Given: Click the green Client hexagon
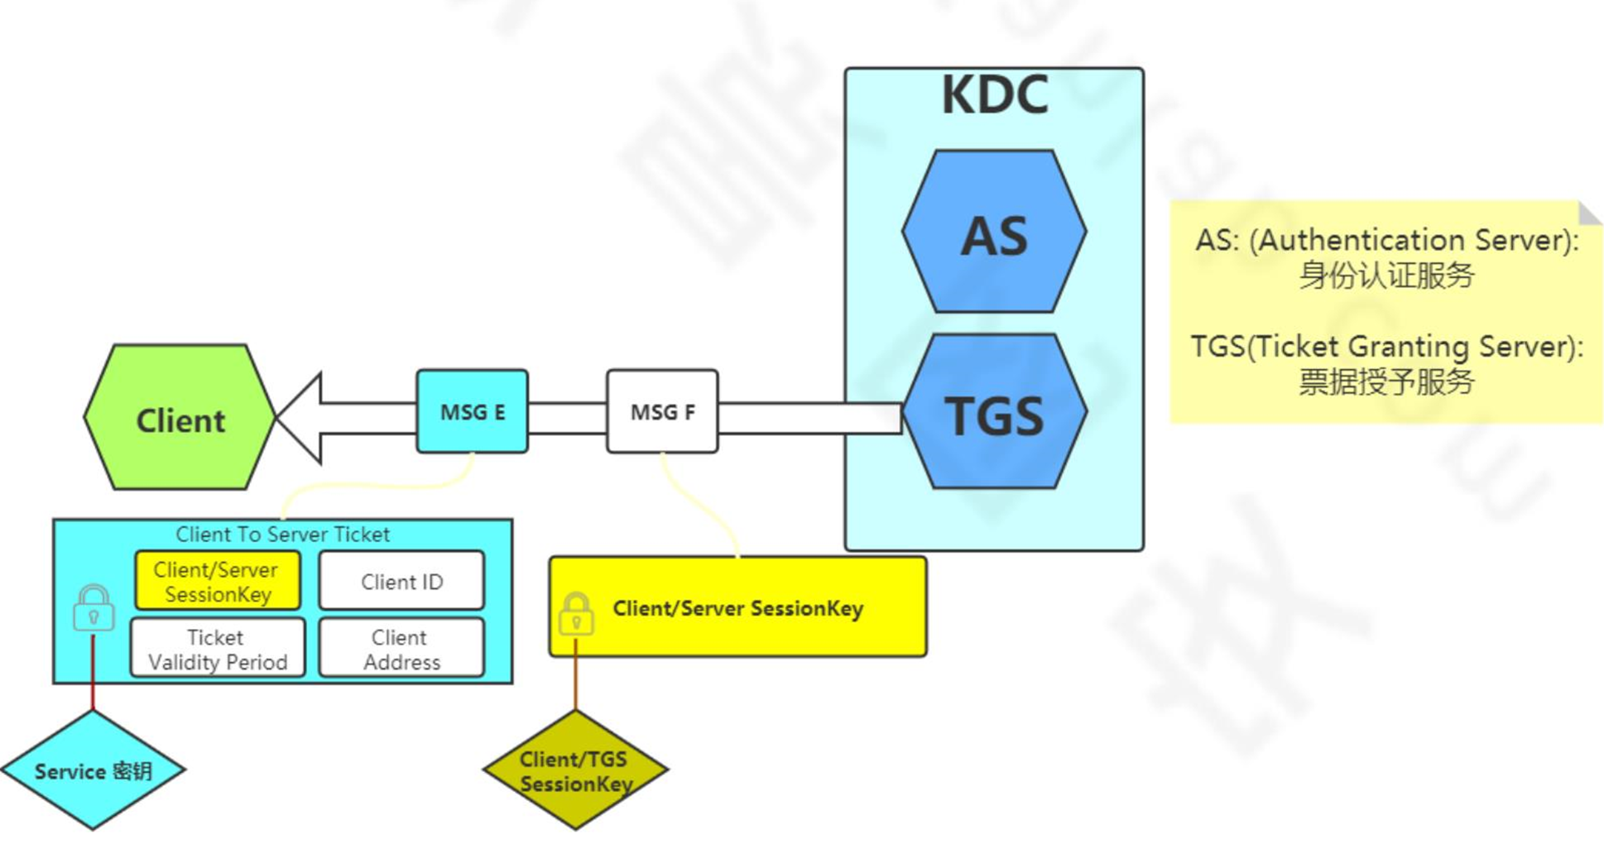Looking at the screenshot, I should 180,418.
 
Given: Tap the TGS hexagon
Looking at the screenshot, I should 994,413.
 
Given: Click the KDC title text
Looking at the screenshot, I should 995,95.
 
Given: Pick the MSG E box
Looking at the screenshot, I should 472,411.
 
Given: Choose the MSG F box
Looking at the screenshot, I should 662,411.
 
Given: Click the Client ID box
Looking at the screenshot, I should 401,582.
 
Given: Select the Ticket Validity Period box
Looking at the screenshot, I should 217,650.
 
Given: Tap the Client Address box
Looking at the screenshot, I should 401,650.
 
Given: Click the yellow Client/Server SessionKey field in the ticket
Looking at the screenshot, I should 217,582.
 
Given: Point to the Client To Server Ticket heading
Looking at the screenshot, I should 282,535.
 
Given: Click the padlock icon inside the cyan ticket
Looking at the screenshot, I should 94,609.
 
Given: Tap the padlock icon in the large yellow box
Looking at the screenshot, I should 576,613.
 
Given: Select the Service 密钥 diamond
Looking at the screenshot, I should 93,770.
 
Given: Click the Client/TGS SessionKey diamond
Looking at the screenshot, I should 575,770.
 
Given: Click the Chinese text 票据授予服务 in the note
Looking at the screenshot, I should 1386,381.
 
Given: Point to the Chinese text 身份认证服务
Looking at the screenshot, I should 1386,276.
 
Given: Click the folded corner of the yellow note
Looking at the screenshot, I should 1588,213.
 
